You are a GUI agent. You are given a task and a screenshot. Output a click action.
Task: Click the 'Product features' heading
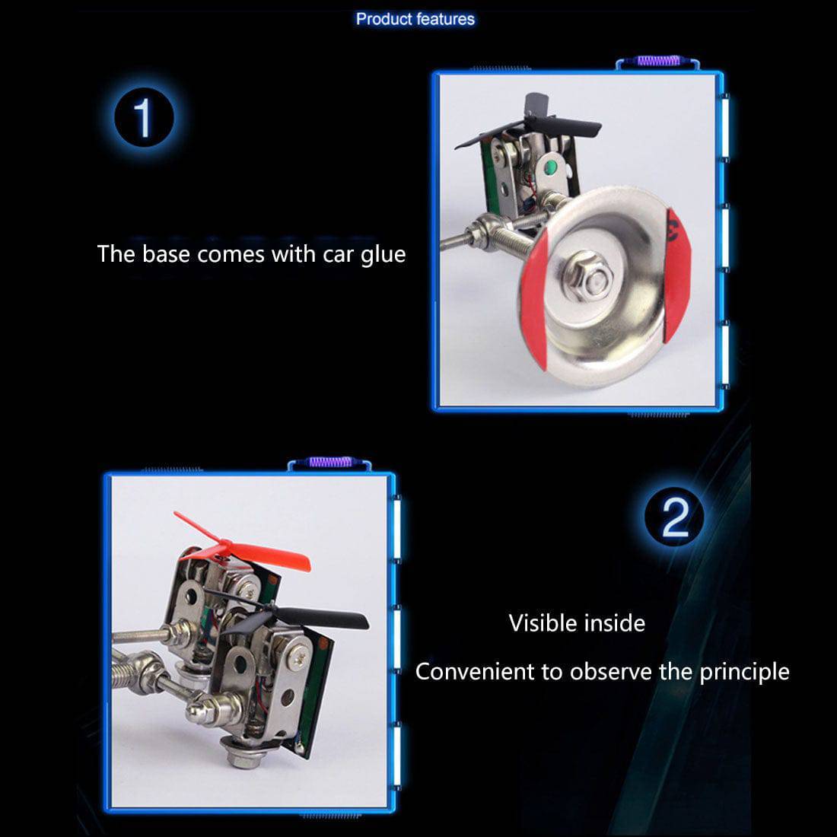[415, 19]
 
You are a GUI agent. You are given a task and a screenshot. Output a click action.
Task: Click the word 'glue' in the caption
[383, 254]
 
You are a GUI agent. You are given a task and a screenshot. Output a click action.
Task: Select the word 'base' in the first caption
[166, 253]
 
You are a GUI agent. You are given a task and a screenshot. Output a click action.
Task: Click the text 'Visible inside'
[577, 623]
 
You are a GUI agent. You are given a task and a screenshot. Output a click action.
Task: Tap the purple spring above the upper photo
[657, 61]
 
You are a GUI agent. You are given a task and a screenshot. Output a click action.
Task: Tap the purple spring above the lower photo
[329, 462]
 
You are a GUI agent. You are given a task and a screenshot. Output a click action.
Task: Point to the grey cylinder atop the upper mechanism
[536, 104]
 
